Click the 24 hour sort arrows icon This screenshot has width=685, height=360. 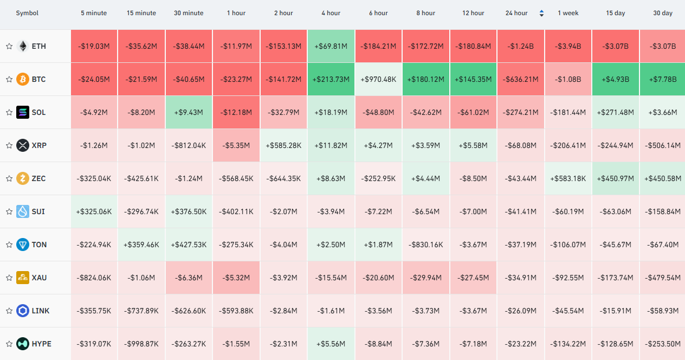coord(541,13)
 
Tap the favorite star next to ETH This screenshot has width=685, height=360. coord(9,46)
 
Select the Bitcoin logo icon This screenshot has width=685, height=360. coord(23,79)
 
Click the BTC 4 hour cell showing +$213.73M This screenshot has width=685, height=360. coord(331,79)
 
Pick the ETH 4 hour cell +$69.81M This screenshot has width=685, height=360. coord(331,46)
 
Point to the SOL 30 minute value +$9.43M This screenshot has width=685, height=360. coord(189,112)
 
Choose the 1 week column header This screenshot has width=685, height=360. coord(568,13)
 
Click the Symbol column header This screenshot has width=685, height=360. coord(27,13)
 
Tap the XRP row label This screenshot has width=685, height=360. coord(39,145)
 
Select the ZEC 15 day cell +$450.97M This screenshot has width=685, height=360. coord(615,178)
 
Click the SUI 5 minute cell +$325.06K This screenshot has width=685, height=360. coord(94,211)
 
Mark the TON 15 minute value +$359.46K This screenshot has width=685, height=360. coord(141,245)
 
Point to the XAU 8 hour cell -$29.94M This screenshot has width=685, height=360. coord(425,278)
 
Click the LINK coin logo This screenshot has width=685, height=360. coord(23,311)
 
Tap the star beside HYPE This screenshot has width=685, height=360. coord(9,344)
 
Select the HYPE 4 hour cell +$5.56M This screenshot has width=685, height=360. coord(331,344)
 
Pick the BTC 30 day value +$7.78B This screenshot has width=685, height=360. coord(663,79)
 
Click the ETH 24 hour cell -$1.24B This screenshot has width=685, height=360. coord(520,46)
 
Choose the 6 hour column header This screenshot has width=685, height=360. coord(378,13)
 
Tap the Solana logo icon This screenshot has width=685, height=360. coord(23,112)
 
